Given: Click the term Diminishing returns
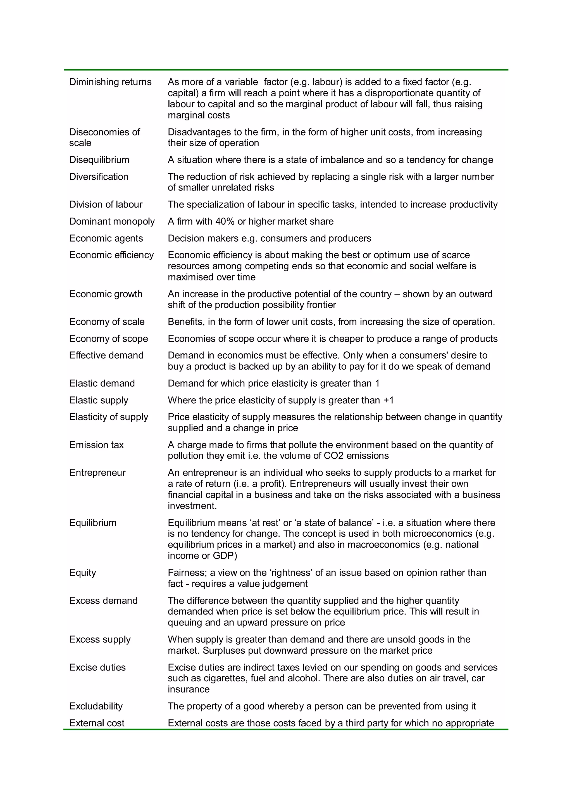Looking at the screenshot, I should point(110,82).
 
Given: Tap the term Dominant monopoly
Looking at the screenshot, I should point(112,222).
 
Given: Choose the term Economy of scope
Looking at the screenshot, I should point(108,339).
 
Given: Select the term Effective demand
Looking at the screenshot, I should point(106,356).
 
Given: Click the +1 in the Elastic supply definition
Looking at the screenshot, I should point(388,401).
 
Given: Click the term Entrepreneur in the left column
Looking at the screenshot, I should point(97,473).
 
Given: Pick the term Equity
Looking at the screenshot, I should point(82,573).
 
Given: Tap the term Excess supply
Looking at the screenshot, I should point(100,639).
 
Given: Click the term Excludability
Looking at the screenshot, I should point(96,706).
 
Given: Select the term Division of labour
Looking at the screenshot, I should point(106,205).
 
